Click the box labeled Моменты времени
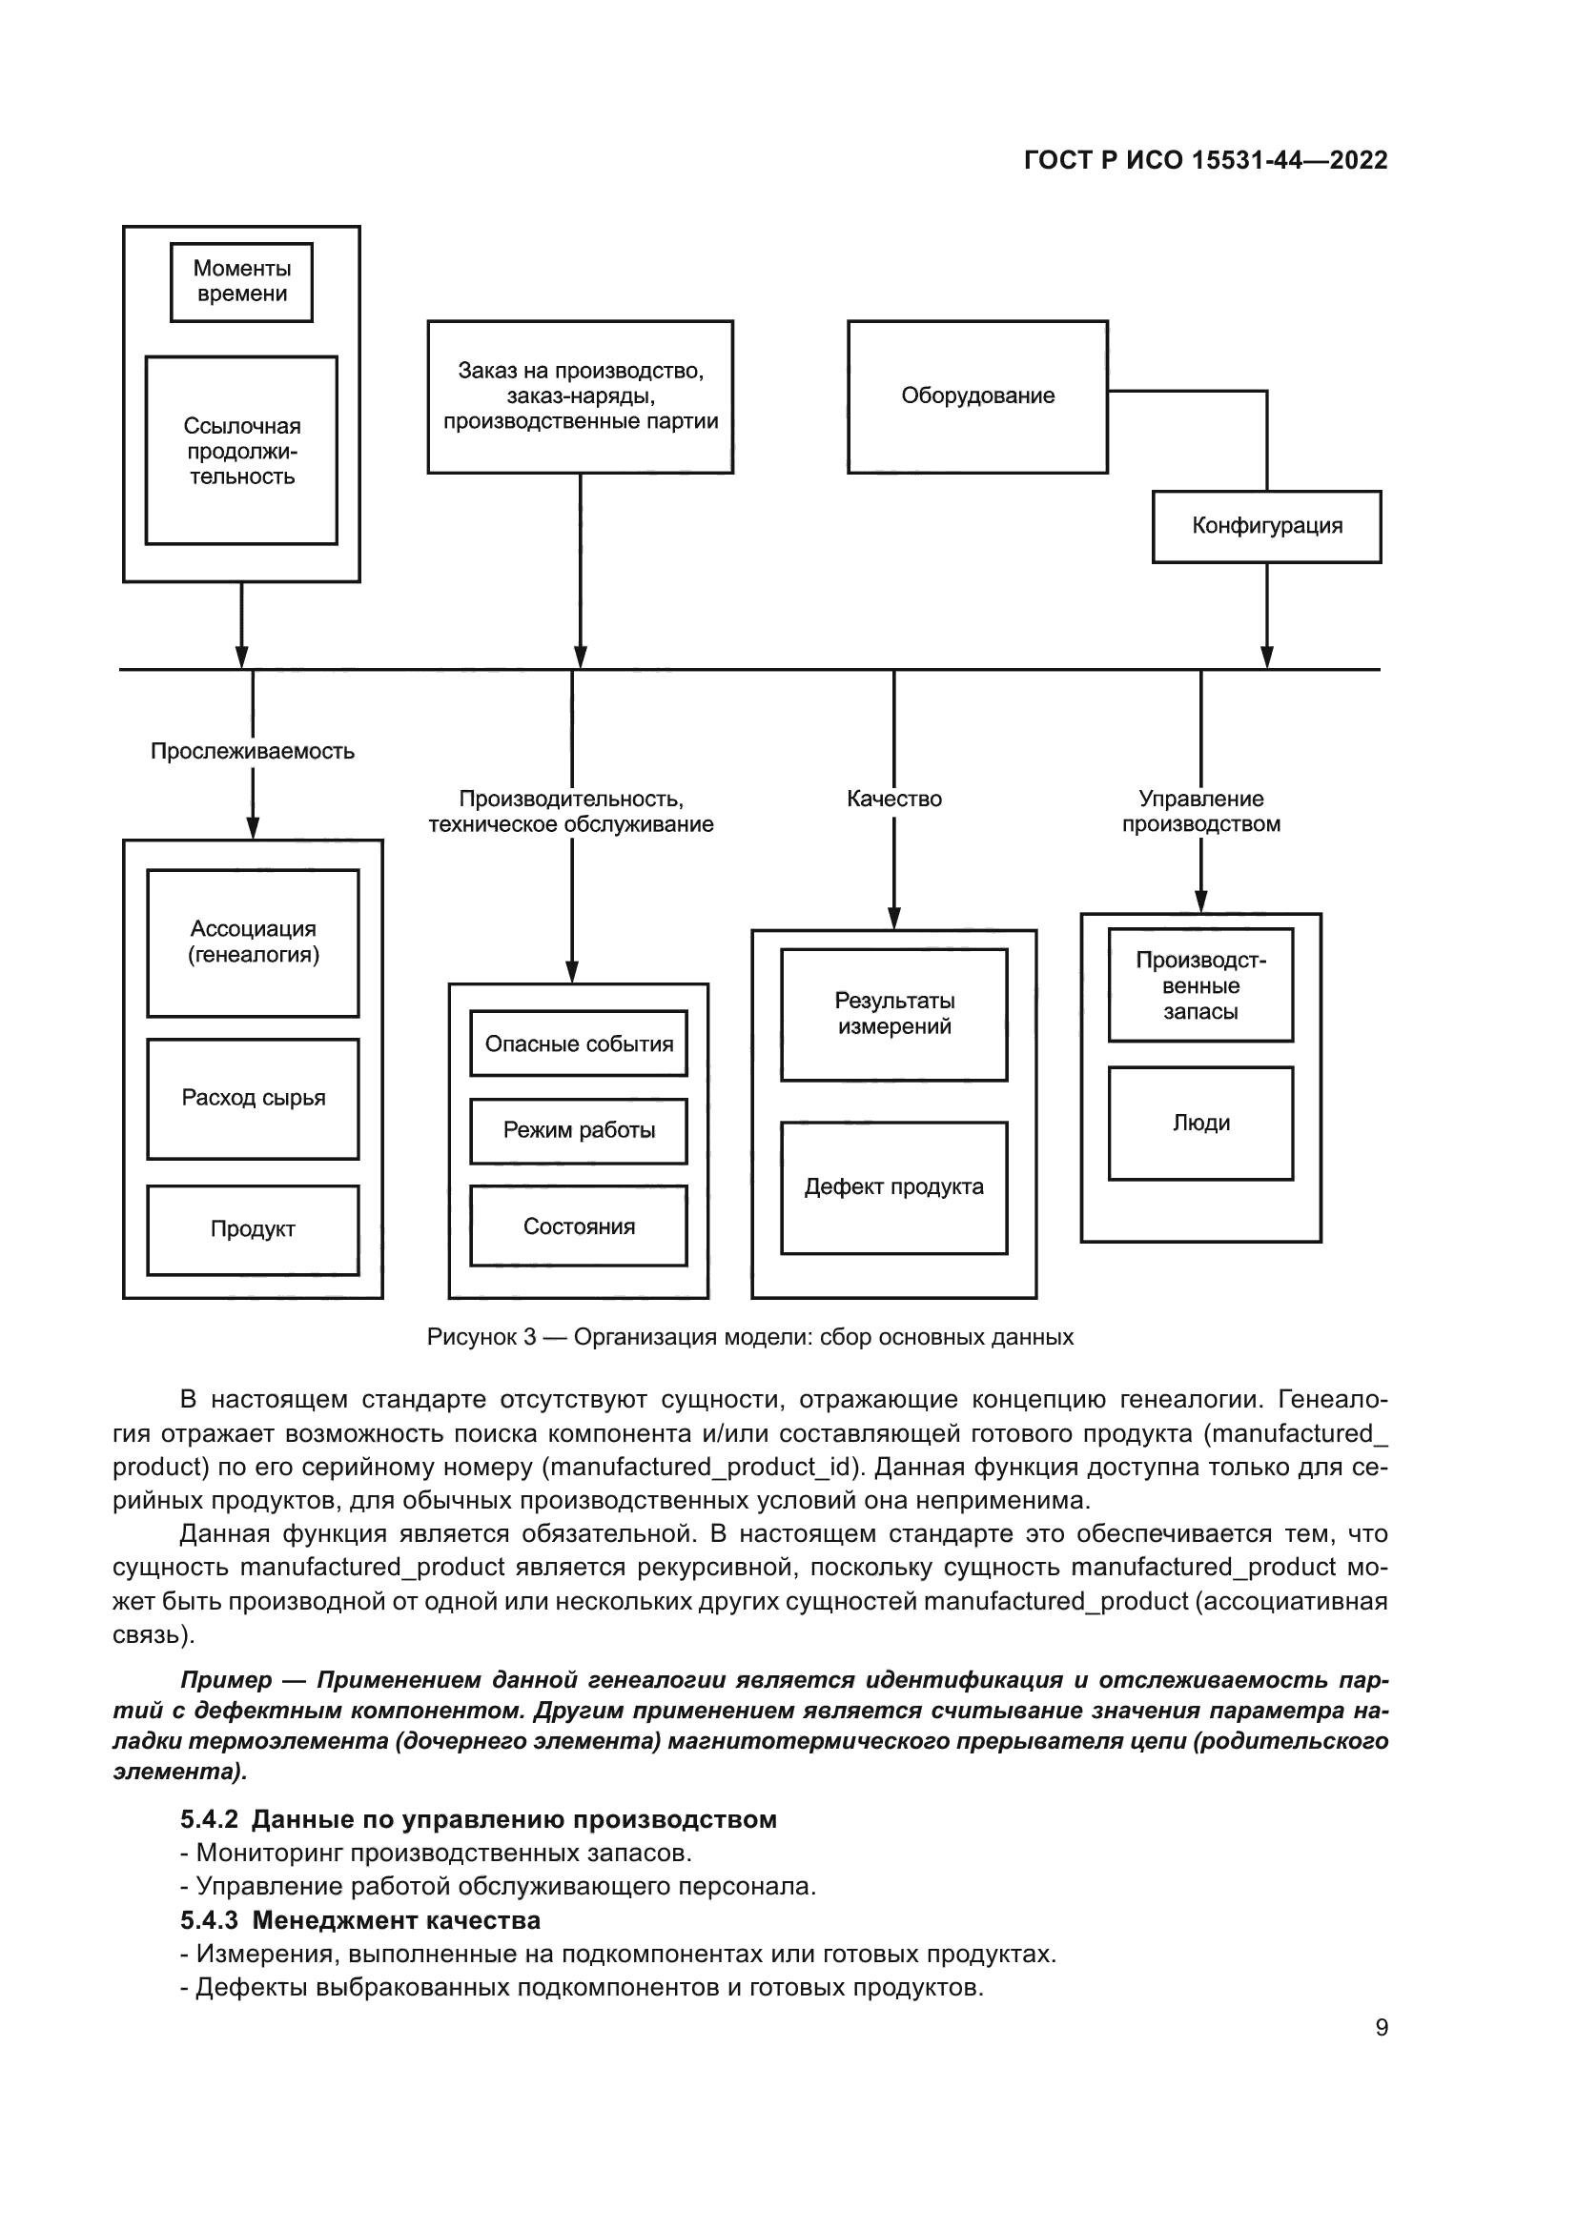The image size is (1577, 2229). pos(242,281)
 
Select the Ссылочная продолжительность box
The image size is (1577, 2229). pos(242,451)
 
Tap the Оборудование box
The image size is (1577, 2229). pos(977,396)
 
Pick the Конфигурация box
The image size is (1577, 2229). pos(1266,526)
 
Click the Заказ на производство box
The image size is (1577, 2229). pos(580,396)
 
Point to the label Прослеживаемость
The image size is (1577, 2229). pos(253,751)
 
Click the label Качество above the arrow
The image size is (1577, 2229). pos(893,799)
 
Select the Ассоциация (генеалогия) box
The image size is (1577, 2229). pos(253,942)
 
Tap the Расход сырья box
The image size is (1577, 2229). pos(253,1098)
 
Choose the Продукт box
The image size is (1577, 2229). pos(253,1229)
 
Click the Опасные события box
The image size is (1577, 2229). pos(579,1044)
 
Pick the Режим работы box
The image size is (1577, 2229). pos(579,1130)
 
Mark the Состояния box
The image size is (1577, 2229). pos(579,1226)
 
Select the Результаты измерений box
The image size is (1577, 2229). pos(893,1015)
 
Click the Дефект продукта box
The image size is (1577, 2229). pos(893,1187)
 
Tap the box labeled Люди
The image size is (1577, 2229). pos(1200,1124)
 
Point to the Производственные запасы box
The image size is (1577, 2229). pos(1200,985)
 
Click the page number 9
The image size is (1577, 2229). pos(1381,2027)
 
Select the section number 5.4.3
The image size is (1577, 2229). pos(209,1920)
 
